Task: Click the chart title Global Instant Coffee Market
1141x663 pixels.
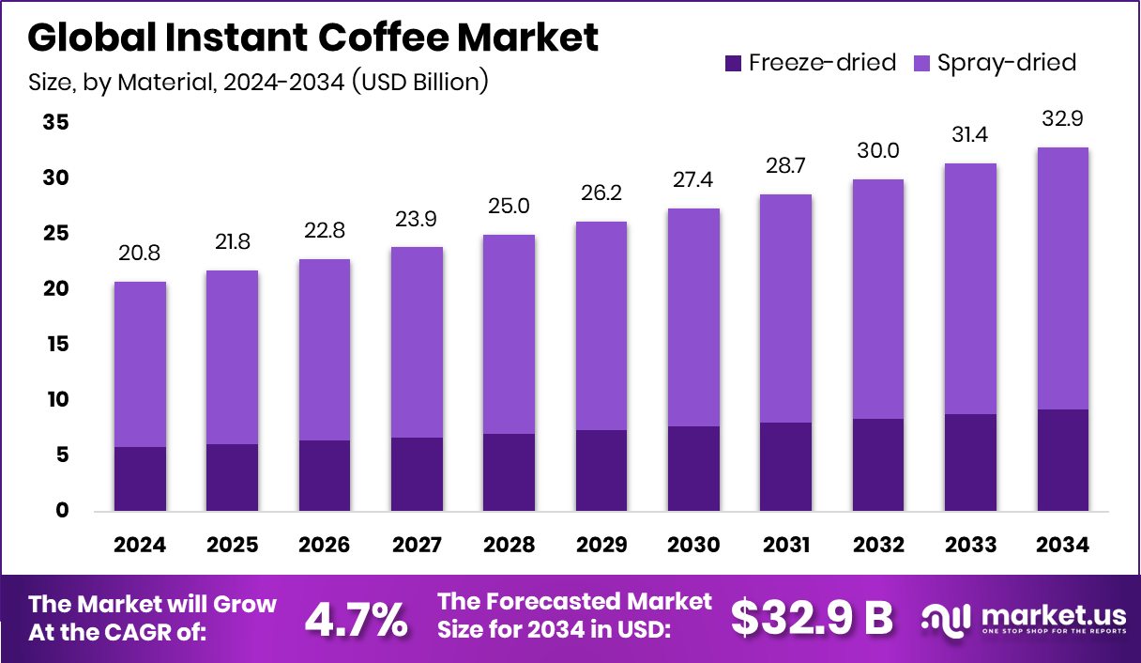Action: (x=312, y=39)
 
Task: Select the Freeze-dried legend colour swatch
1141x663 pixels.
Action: (x=733, y=63)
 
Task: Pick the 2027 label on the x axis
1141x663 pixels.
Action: (x=417, y=546)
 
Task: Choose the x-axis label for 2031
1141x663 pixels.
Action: (x=785, y=546)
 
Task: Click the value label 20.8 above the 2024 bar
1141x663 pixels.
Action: (x=141, y=254)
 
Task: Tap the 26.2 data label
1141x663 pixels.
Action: (x=601, y=193)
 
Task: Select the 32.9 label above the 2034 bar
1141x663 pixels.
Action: (x=1063, y=120)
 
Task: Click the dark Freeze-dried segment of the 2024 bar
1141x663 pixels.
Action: (x=141, y=479)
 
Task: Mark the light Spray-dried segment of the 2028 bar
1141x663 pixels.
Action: (x=509, y=333)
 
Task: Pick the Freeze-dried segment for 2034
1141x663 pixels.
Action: (x=1063, y=460)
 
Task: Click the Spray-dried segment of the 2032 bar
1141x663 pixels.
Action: (x=877, y=299)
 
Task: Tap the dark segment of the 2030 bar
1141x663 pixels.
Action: (x=693, y=469)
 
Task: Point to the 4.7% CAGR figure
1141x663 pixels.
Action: (x=358, y=619)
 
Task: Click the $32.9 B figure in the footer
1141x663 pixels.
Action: (x=812, y=617)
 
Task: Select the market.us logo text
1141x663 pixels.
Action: (x=1051, y=615)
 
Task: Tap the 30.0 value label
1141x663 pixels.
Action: (x=877, y=151)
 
